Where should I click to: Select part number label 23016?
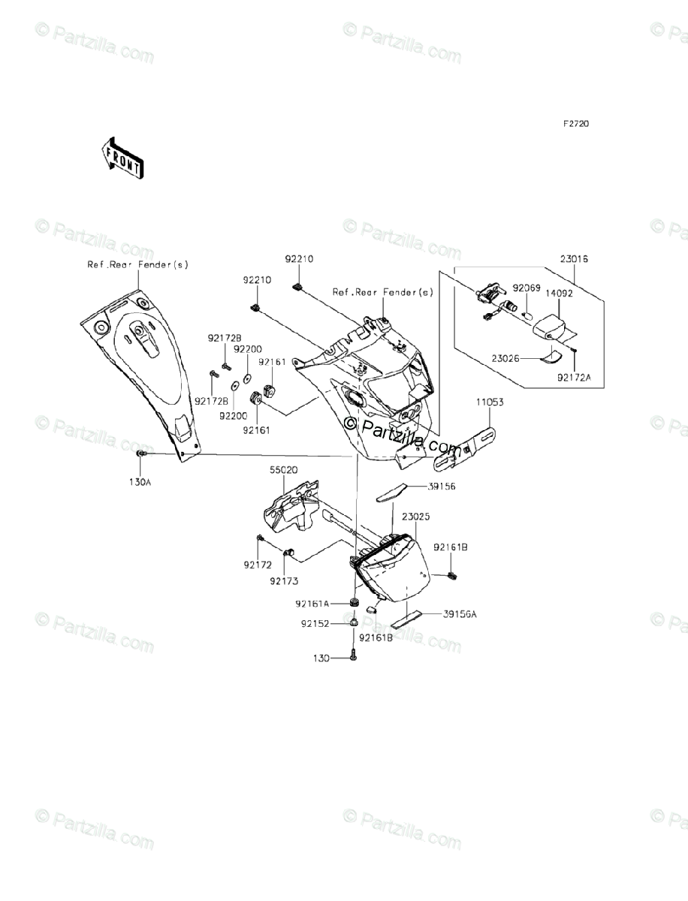point(574,259)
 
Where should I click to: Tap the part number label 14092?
point(559,294)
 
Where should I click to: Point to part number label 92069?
point(527,288)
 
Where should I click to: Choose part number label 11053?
point(489,402)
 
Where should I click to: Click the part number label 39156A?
point(460,613)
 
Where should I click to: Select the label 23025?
point(415,517)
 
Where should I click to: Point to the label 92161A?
point(312,603)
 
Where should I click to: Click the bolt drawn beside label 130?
point(354,656)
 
